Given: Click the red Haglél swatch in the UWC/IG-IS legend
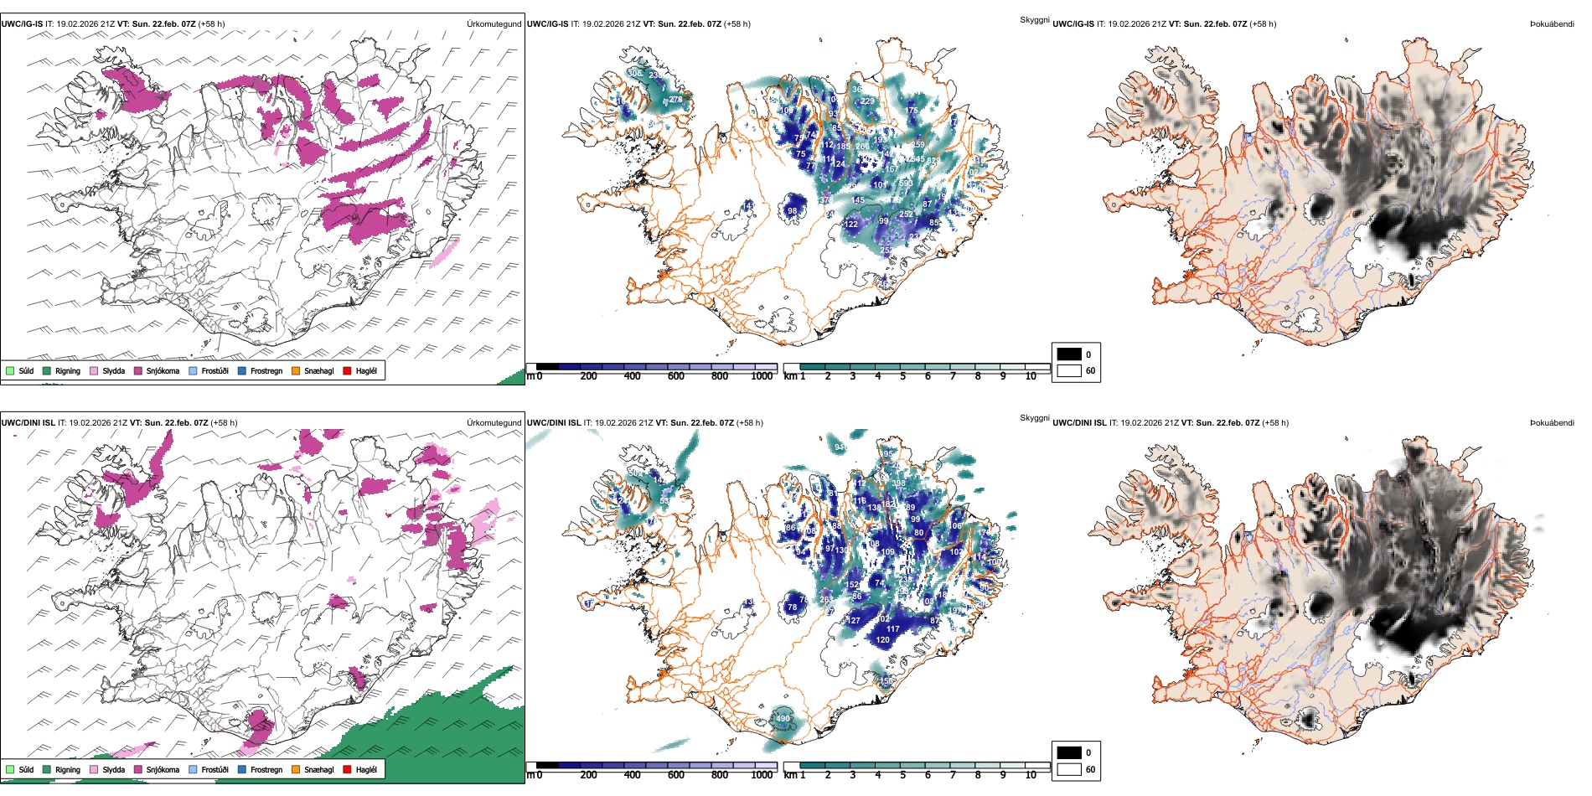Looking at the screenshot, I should pyautogui.click(x=347, y=370).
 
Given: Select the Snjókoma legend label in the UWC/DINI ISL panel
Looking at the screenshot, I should pyautogui.click(x=163, y=769).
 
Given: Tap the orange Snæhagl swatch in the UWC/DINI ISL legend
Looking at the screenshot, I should pyautogui.click(x=296, y=769).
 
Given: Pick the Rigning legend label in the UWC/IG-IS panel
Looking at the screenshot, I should pyautogui.click(x=68, y=370).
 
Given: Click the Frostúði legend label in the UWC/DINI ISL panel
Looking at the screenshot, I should pyautogui.click(x=215, y=769).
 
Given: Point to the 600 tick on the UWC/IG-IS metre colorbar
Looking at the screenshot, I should pyautogui.click(x=676, y=376).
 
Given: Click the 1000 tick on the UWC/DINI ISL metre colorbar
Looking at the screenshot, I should pyautogui.click(x=762, y=775).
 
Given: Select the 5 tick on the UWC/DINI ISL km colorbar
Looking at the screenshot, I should pyautogui.click(x=902, y=775).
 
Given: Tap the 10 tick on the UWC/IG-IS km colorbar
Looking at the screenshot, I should pyautogui.click(x=1031, y=376).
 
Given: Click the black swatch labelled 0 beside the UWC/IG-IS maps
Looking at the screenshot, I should pyautogui.click(x=1069, y=354).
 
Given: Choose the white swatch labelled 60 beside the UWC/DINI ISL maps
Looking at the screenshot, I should pyautogui.click(x=1069, y=769).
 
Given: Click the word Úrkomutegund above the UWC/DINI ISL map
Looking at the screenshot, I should pyautogui.click(x=494, y=422).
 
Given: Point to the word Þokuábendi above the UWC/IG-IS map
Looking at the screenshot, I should pyautogui.click(x=1552, y=23).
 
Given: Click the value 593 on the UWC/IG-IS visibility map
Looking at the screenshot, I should pyautogui.click(x=906, y=183).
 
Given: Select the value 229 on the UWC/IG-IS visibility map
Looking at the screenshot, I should pyautogui.click(x=867, y=101).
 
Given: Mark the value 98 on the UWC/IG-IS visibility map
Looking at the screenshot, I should pyautogui.click(x=793, y=210).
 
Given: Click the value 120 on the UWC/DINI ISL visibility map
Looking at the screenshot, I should pyautogui.click(x=883, y=639).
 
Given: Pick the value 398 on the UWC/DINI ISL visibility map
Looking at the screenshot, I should pyautogui.click(x=899, y=483).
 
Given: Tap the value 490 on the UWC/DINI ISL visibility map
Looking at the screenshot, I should pyautogui.click(x=783, y=718).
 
